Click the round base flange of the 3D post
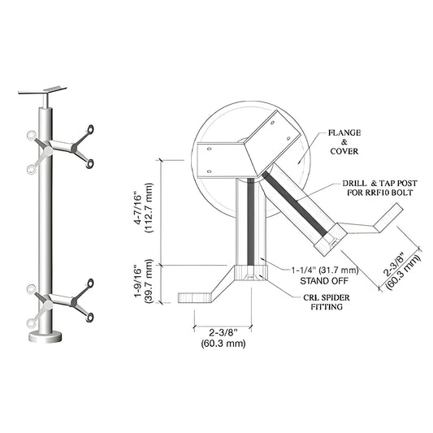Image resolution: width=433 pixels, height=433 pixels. pyautogui.click(x=48, y=335)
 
